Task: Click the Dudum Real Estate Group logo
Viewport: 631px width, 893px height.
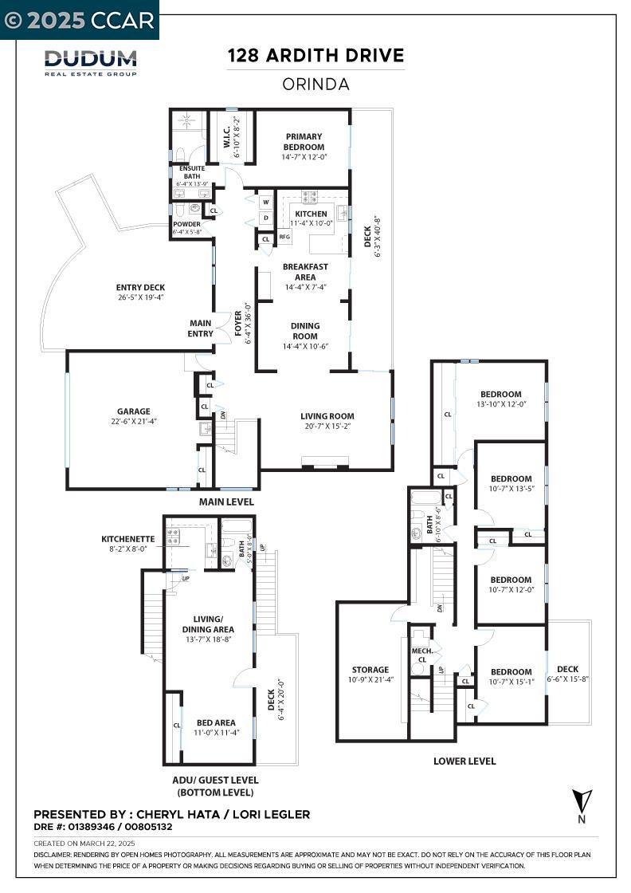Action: coord(90,62)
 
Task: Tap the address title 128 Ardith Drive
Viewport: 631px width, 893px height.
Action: coord(315,56)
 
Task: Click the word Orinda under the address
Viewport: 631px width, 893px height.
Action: coord(315,84)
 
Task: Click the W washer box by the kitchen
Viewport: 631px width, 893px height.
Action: coord(265,202)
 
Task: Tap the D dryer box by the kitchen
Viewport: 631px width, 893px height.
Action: coord(265,218)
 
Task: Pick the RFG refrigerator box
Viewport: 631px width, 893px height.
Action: coord(284,237)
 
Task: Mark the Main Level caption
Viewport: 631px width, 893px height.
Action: coord(227,502)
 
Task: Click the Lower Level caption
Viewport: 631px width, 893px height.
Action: coord(464,761)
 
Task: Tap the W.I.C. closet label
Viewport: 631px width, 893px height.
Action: coord(227,137)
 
